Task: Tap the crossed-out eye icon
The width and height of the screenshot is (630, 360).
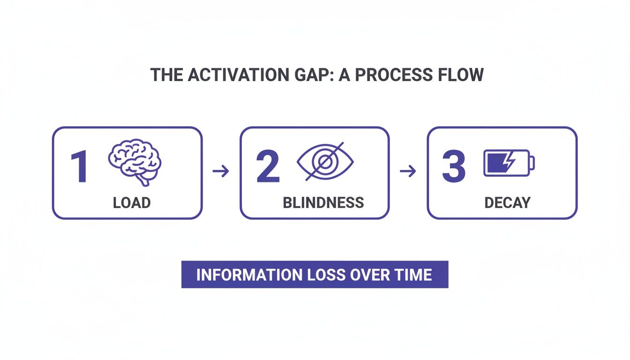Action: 325,161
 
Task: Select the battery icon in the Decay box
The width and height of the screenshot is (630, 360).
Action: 509,162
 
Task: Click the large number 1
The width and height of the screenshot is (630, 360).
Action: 80,167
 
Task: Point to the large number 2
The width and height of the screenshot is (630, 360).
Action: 268,167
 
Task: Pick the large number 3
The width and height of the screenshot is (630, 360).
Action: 454,167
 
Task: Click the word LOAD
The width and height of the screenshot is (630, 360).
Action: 132,202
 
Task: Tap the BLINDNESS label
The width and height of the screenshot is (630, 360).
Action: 323,202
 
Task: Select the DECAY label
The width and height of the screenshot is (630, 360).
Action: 507,202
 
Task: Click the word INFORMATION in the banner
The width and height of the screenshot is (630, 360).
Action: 248,274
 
